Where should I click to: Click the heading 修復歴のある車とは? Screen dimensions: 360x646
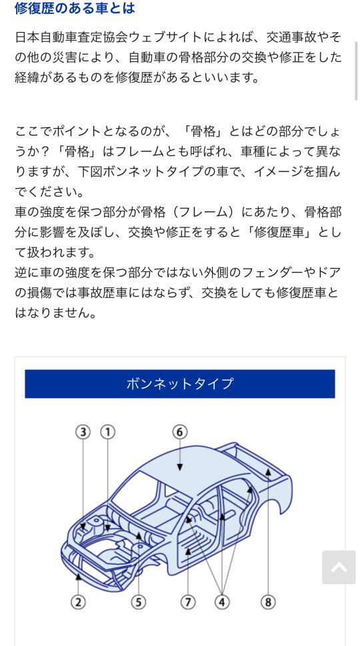point(75,7)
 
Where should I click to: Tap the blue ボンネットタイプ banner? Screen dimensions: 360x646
point(179,383)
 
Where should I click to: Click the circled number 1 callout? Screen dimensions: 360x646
point(107,432)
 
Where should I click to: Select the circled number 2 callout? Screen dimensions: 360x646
point(78,602)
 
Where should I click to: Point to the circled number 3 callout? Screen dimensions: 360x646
point(83,432)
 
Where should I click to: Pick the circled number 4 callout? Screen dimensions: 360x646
point(222,602)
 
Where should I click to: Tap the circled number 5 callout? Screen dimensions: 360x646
point(139,602)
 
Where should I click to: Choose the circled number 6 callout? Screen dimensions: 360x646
point(179,432)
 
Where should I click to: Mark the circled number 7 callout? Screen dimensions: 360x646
point(188,602)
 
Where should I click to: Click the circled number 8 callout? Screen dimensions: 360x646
point(268,602)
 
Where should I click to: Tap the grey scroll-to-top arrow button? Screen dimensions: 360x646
point(339,567)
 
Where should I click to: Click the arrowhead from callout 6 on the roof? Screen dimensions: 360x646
point(179,467)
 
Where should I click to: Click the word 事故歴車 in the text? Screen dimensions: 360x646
point(89,293)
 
